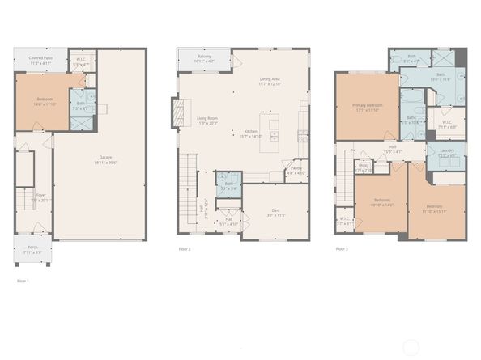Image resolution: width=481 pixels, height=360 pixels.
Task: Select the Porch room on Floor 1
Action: coord(32,250)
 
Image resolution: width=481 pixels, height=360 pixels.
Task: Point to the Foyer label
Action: coord(40,196)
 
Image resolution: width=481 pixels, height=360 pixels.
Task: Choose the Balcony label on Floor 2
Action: coord(204,58)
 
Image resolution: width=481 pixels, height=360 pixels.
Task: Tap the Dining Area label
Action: coord(270,81)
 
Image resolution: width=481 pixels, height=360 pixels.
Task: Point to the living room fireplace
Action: coord(176,112)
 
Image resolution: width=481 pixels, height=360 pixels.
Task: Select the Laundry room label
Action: coord(445,153)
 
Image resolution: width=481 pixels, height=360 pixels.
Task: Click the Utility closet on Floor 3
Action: coord(364,167)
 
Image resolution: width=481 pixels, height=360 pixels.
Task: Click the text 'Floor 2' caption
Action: coord(185,250)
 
